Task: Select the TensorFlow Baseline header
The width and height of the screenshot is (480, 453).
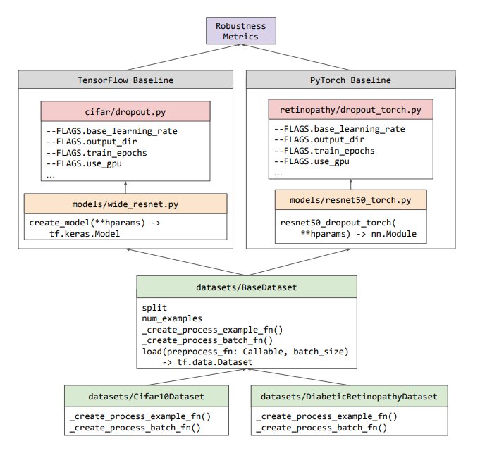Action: (x=125, y=80)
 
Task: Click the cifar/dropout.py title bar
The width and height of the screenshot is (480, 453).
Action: (x=125, y=111)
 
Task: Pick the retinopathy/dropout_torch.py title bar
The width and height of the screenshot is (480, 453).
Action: (x=350, y=110)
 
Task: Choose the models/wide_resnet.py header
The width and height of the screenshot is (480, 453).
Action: (x=125, y=204)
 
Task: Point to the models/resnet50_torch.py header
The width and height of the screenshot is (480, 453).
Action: (x=350, y=201)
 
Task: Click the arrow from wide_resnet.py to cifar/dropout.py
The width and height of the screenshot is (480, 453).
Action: (x=125, y=185)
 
